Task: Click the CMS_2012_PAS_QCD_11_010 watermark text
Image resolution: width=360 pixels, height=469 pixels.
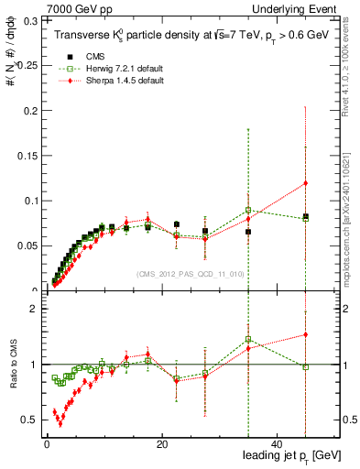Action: (190, 273)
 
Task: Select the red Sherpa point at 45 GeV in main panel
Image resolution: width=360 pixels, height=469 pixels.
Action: (305, 182)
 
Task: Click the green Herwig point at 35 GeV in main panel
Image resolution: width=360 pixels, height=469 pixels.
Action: (248, 210)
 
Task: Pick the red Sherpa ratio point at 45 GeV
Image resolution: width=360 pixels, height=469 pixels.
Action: (305, 334)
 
